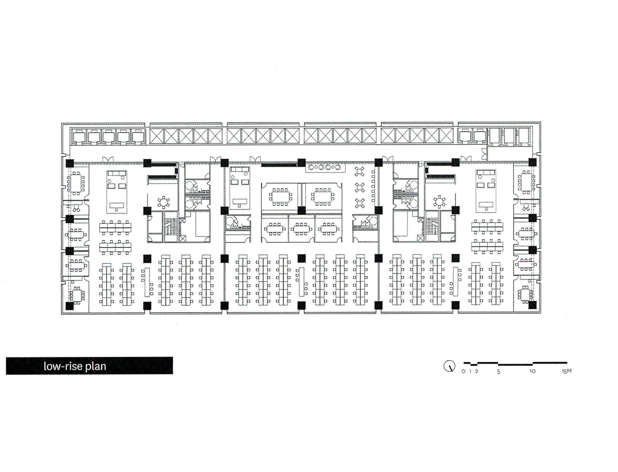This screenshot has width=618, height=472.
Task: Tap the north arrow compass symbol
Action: click(449, 366)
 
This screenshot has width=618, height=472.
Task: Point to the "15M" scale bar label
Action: click(566, 371)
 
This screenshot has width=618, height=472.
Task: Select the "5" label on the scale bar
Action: click(499, 372)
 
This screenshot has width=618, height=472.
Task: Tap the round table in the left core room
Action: click(164, 202)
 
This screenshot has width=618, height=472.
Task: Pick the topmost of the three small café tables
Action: click(359, 171)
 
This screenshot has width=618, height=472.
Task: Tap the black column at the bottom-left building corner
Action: click(69, 306)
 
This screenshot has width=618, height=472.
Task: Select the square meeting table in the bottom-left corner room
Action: click(77, 295)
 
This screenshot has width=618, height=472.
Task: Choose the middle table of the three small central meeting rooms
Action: click(301, 228)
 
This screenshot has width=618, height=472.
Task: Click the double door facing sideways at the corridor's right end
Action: click(484, 154)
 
